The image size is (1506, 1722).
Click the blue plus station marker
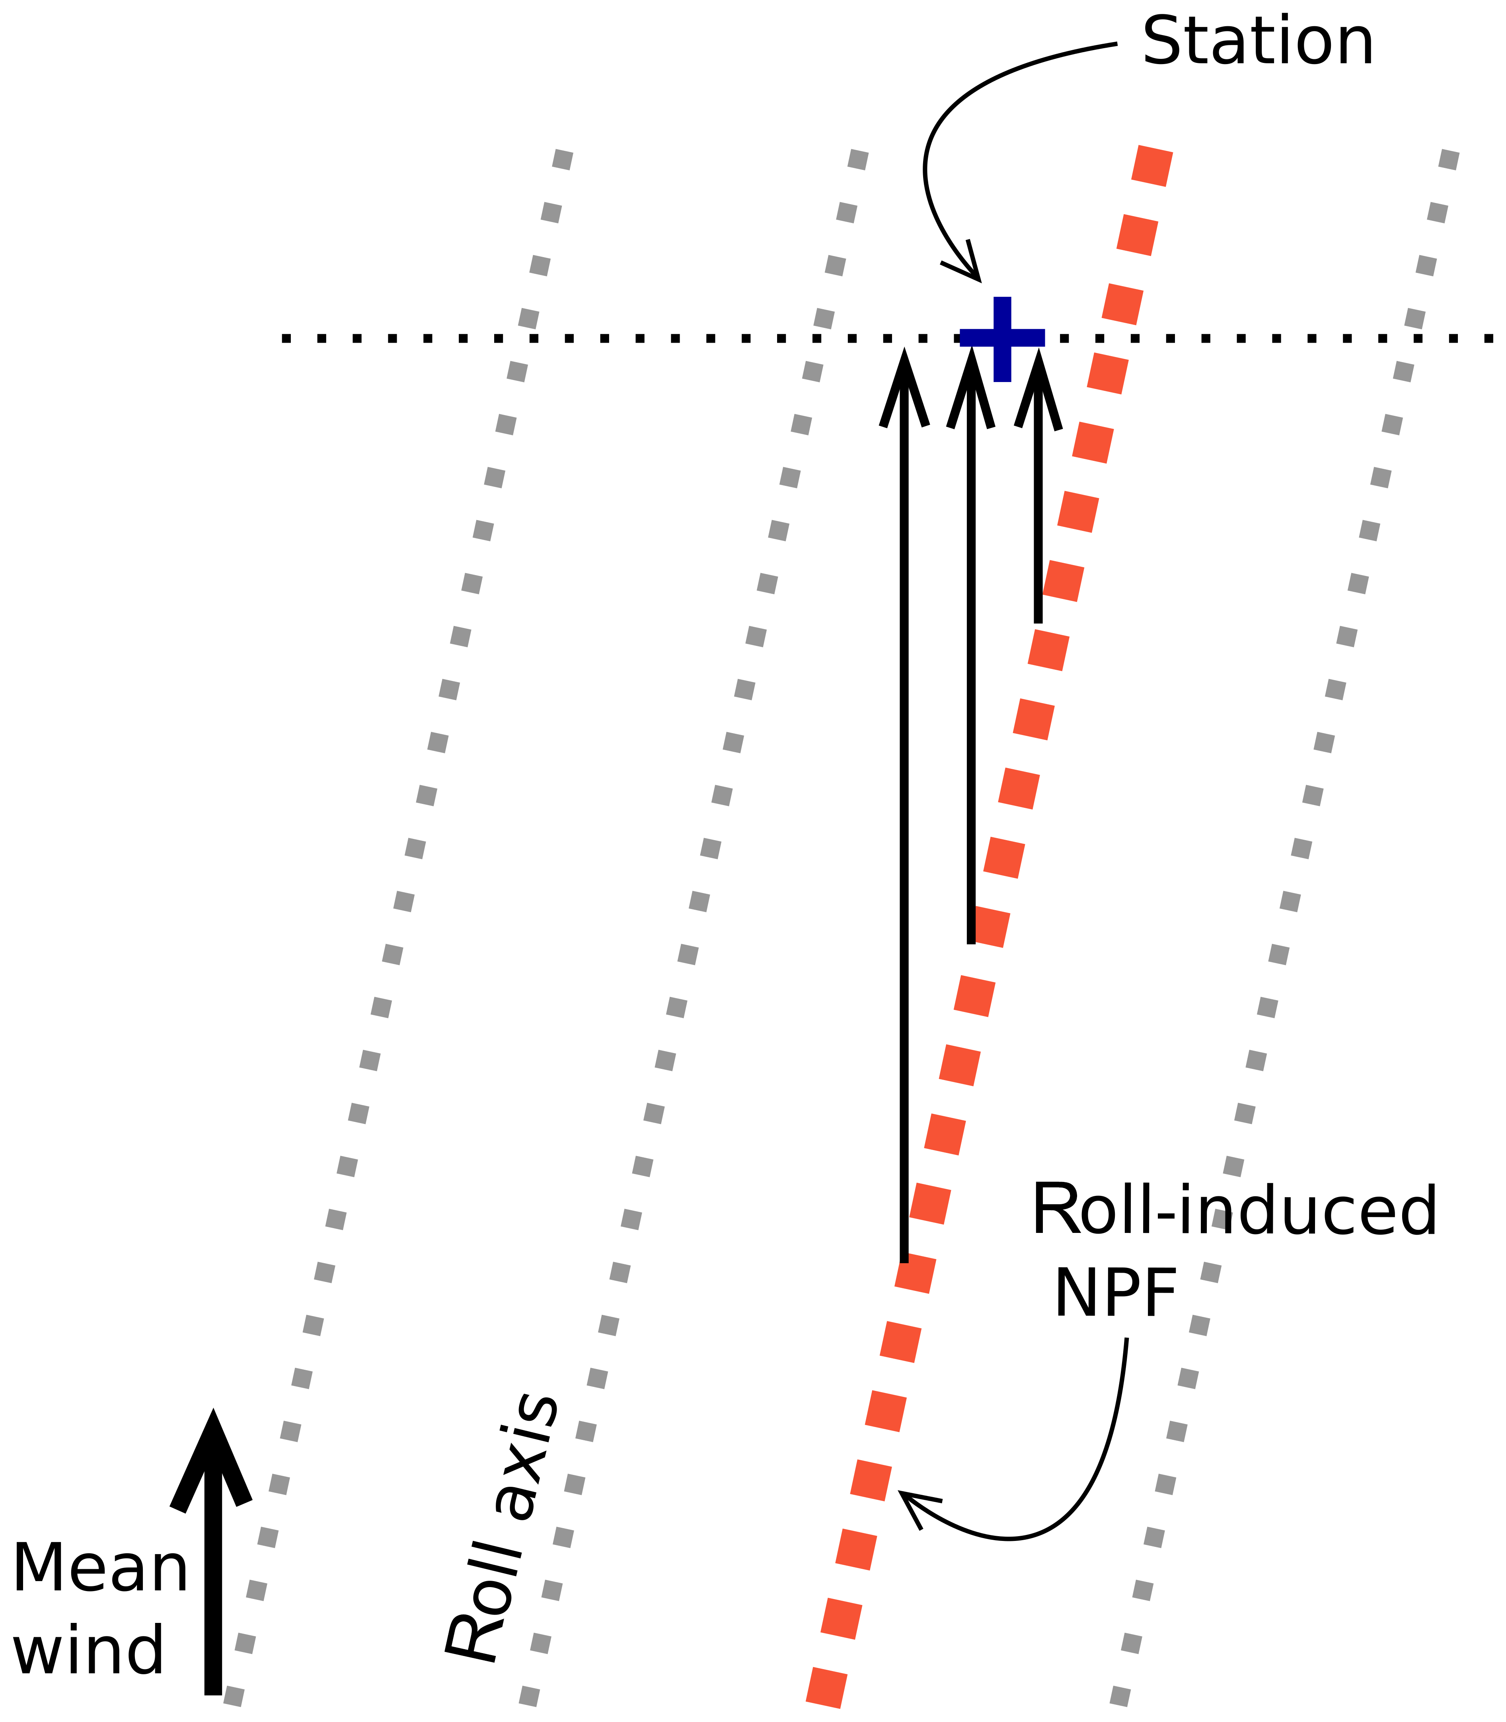[x=1002, y=339]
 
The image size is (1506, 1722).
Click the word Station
[x=1257, y=42]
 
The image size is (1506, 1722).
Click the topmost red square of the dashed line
[x=1151, y=166]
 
